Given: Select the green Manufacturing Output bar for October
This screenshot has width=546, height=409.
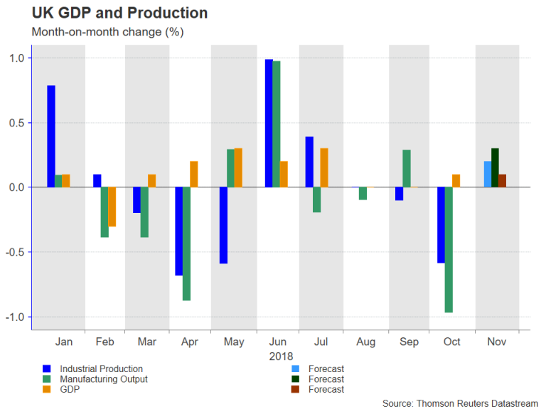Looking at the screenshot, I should click(x=449, y=249).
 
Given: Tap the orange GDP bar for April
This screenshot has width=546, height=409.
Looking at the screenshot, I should click(x=193, y=174).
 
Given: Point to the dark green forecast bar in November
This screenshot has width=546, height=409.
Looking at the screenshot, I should click(x=495, y=168).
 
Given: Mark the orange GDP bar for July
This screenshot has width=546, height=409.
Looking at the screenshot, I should click(x=324, y=168).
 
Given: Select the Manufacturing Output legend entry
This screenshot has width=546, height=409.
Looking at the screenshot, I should click(x=104, y=379).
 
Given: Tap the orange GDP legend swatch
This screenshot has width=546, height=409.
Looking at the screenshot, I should click(x=47, y=389).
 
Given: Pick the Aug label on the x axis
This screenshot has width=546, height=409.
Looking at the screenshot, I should click(x=365, y=342).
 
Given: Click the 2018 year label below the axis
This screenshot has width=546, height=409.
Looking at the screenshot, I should click(x=282, y=356).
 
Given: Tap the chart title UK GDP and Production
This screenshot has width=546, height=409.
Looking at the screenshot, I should click(x=119, y=13).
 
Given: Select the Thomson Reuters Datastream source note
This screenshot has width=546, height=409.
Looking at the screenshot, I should click(x=460, y=403).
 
